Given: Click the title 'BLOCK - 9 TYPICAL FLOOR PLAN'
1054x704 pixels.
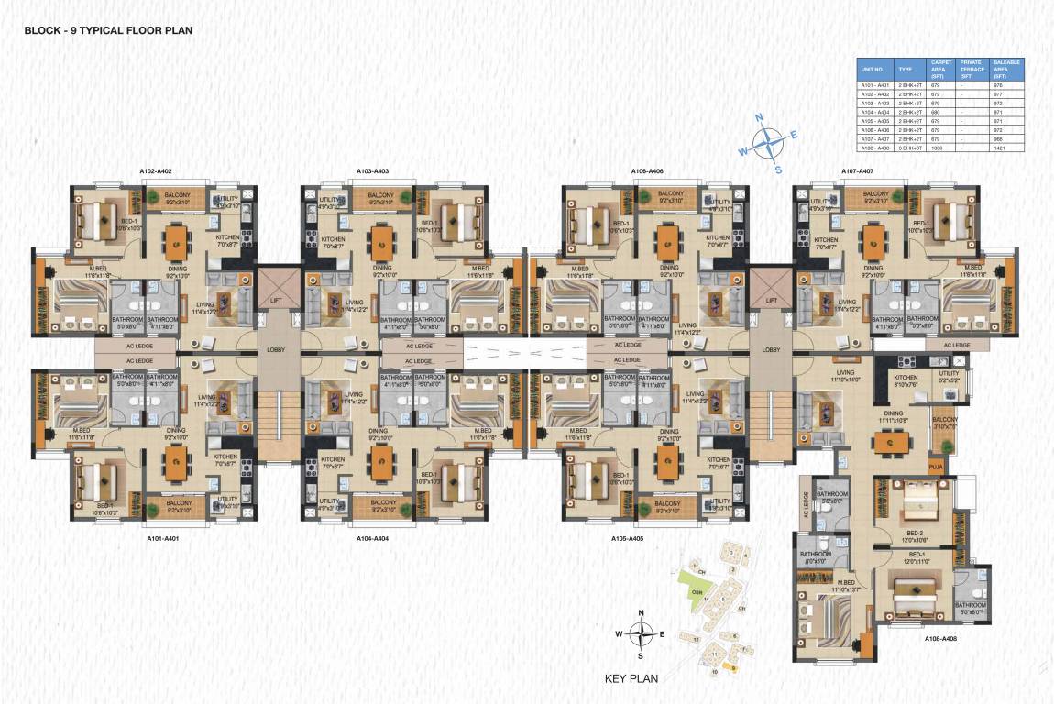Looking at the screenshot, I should pyautogui.click(x=108, y=30).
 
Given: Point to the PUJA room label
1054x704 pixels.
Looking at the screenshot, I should pyautogui.click(x=936, y=465).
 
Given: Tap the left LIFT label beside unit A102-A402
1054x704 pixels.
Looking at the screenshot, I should pyautogui.click(x=276, y=300).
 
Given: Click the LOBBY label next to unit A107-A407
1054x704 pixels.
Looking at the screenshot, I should pyautogui.click(x=771, y=349).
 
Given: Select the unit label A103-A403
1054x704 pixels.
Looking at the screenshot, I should pyautogui.click(x=372, y=171).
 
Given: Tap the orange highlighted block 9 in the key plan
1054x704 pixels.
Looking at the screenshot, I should pyautogui.click(x=733, y=668).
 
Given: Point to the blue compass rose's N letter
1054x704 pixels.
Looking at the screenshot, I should pyautogui.click(x=759, y=118).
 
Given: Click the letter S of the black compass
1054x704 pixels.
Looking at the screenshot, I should pyautogui.click(x=641, y=656).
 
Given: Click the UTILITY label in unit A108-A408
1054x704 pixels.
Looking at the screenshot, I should pyautogui.click(x=949, y=373).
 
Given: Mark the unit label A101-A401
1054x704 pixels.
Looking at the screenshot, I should pyautogui.click(x=162, y=539).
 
